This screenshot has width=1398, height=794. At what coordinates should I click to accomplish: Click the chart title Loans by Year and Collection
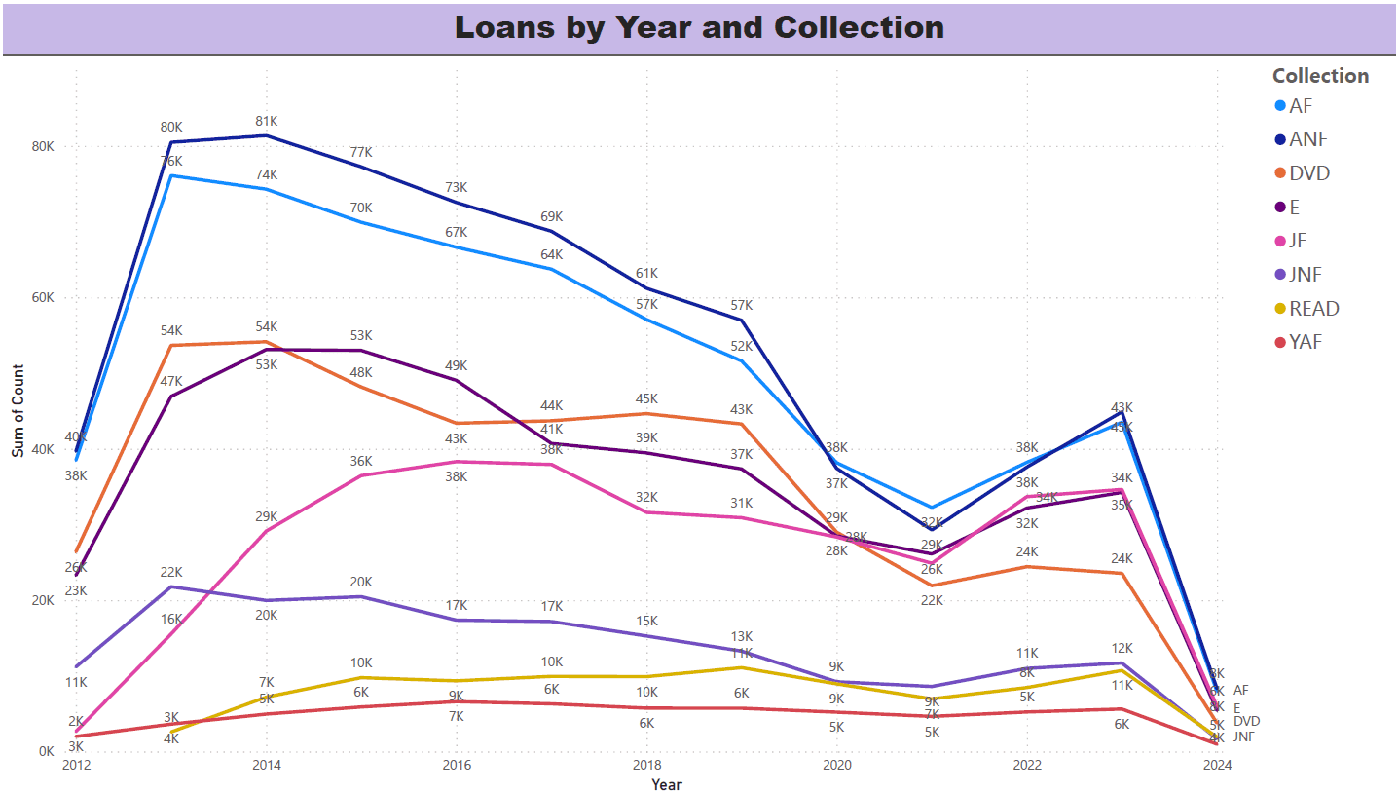[699, 27]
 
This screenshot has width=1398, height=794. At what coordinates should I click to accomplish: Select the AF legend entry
[1301, 106]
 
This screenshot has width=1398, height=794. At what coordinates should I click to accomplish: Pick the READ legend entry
[1313, 309]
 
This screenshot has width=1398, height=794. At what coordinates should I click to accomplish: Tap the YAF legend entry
[1306, 342]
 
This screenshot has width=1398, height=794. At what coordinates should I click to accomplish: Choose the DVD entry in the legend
[1308, 173]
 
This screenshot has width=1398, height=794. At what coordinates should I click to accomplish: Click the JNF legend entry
[1306, 275]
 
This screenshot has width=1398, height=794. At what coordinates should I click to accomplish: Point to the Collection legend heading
[1320, 76]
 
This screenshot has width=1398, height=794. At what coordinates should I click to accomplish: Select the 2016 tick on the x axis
[456, 767]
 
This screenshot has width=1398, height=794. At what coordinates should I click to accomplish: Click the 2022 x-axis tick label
[1027, 767]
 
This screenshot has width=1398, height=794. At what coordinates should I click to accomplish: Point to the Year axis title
[667, 784]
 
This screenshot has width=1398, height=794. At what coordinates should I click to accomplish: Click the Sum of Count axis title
[18, 405]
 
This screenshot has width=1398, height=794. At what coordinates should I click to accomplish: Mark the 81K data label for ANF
[267, 121]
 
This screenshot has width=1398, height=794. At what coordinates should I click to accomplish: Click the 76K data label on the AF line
[171, 161]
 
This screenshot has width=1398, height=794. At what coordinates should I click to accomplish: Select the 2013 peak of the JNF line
[171, 586]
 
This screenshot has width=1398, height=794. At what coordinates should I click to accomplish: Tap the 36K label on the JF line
[361, 461]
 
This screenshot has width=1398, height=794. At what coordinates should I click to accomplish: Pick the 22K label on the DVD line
[932, 600]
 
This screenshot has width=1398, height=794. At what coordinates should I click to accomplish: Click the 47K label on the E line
[171, 381]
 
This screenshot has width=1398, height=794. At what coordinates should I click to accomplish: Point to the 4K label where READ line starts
[171, 738]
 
